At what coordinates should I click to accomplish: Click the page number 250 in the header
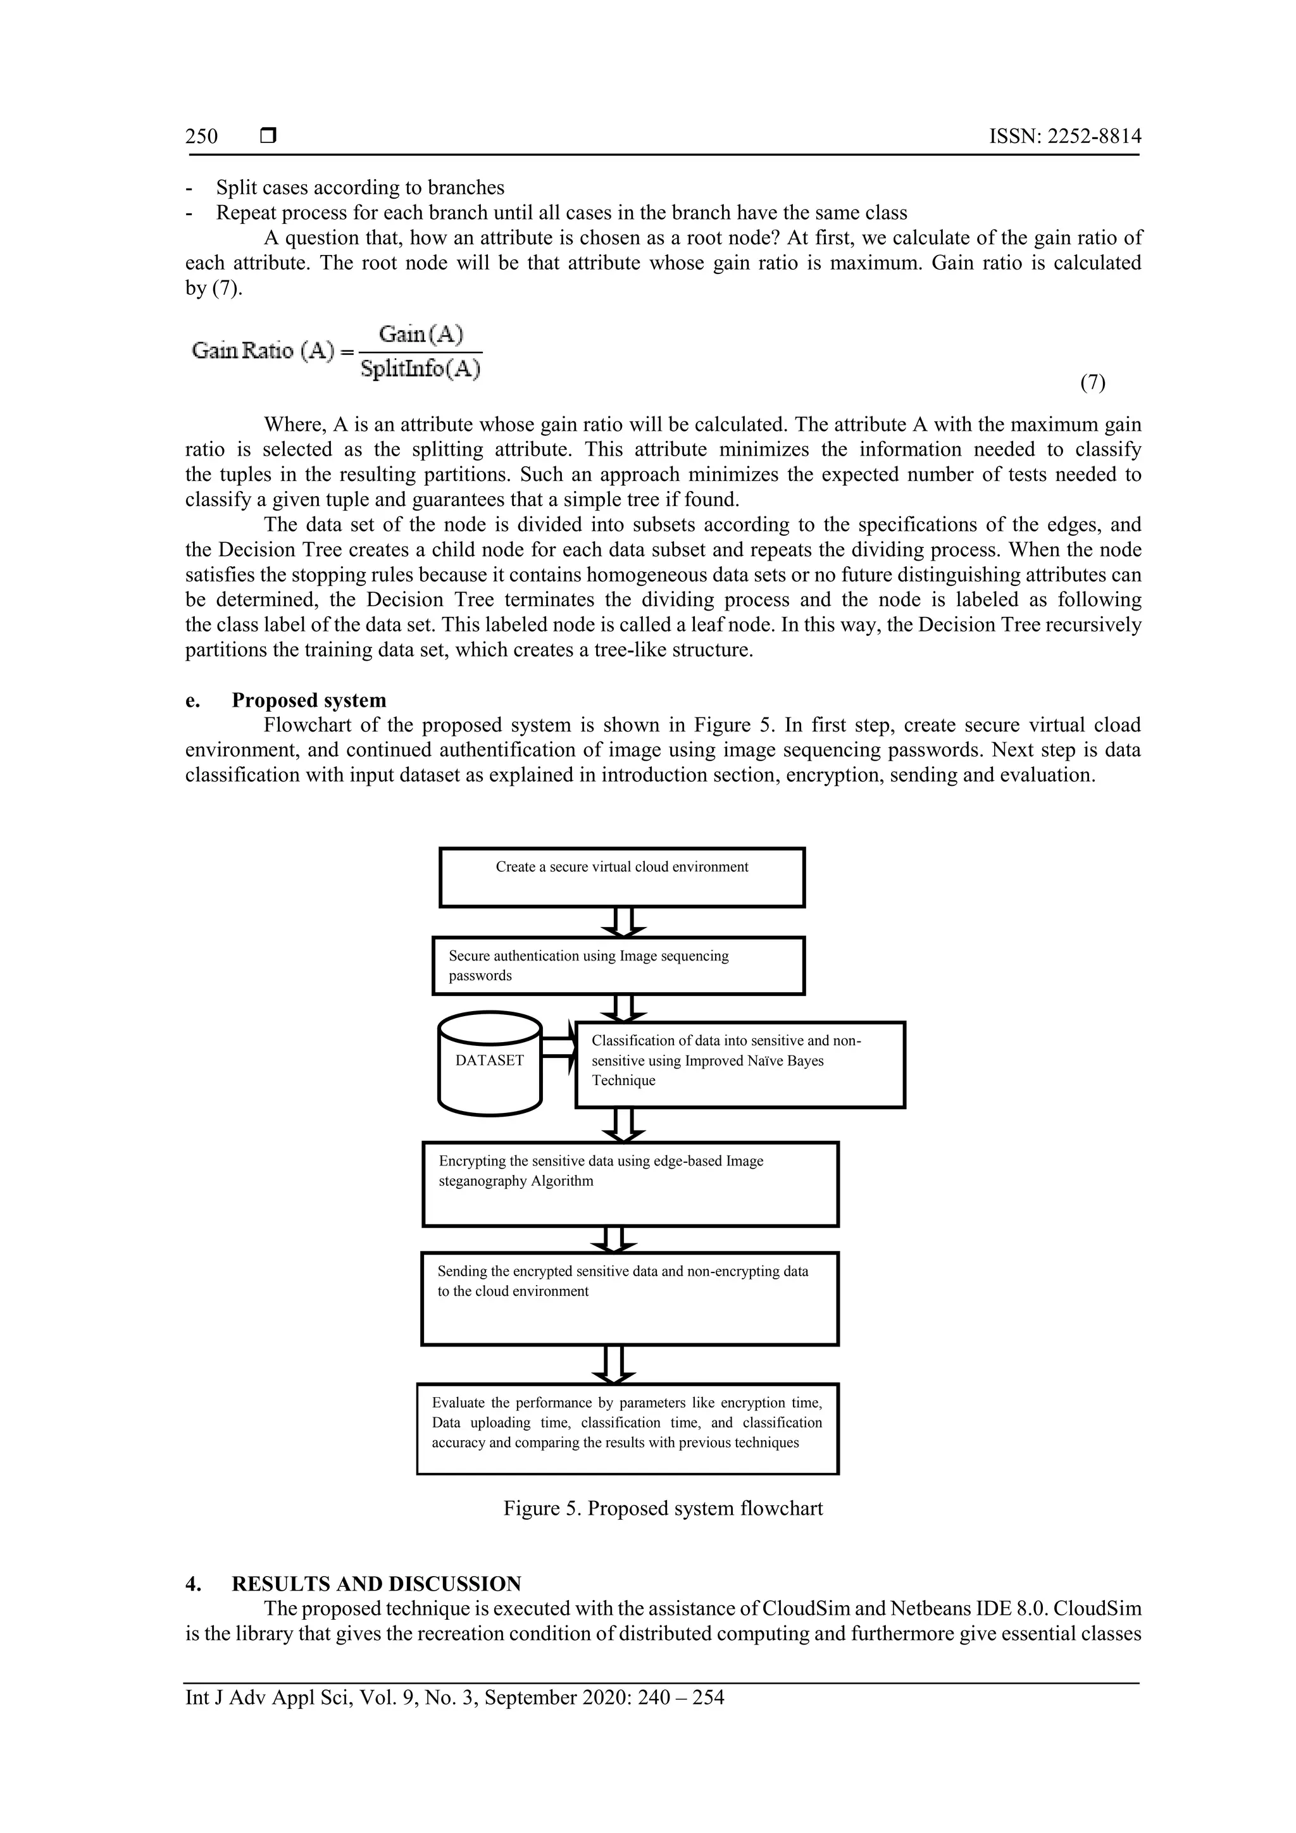click(201, 137)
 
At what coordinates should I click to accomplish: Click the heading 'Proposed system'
click(308, 700)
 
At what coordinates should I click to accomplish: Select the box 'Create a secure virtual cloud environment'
click(622, 878)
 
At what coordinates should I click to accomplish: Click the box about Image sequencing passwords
click(618, 966)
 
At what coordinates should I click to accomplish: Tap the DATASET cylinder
click(490, 1062)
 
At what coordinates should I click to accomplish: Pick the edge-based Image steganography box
click(630, 1184)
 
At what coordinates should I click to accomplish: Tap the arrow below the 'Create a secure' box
click(624, 921)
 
